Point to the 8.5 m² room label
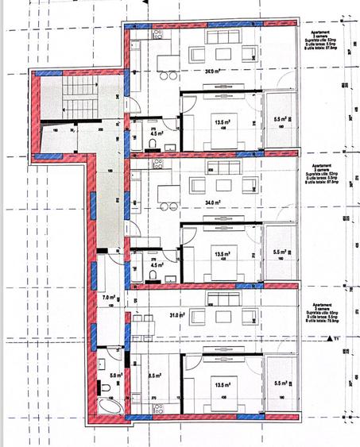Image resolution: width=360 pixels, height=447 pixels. [x=155, y=377]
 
